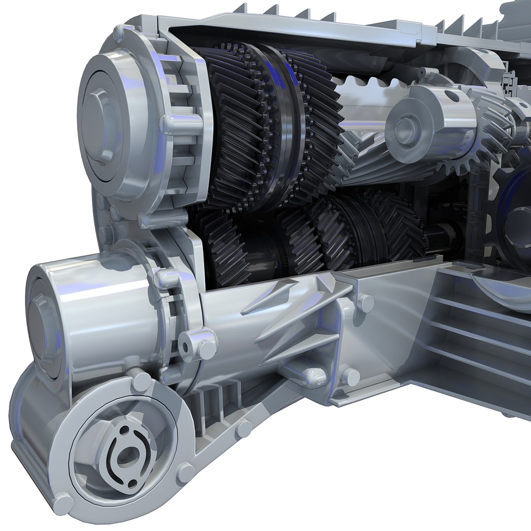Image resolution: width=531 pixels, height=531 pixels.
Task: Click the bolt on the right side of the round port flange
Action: coord(185,472)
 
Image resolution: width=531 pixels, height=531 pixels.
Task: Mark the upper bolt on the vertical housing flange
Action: coord(365,303)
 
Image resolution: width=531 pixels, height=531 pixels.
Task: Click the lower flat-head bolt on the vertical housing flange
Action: coord(350,377)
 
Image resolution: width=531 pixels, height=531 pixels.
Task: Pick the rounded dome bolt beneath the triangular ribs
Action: coord(315,377)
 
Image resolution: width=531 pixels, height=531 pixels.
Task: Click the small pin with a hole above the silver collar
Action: coord(421,72)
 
